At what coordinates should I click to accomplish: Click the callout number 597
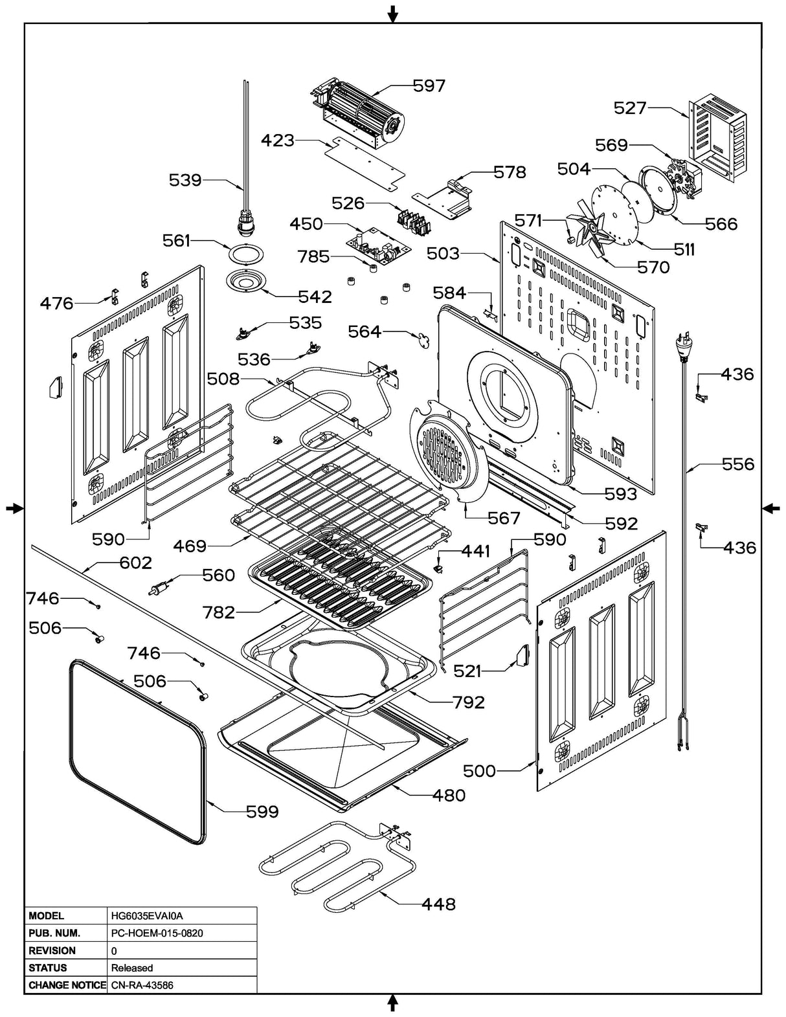(x=429, y=85)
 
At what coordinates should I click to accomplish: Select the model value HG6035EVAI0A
(x=147, y=916)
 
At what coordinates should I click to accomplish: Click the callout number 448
(x=438, y=904)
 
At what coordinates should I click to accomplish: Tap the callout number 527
(x=630, y=107)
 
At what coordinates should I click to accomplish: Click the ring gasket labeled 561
(x=245, y=253)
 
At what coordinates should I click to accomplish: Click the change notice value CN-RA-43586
(x=142, y=985)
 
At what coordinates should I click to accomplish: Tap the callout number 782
(x=218, y=612)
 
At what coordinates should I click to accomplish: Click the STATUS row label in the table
(x=48, y=968)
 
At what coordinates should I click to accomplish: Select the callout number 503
(x=443, y=253)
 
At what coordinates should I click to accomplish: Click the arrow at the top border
(x=392, y=13)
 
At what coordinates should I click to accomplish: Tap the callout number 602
(x=135, y=563)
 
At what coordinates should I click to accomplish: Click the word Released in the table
(x=132, y=968)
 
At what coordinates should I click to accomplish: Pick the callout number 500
(x=479, y=770)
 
